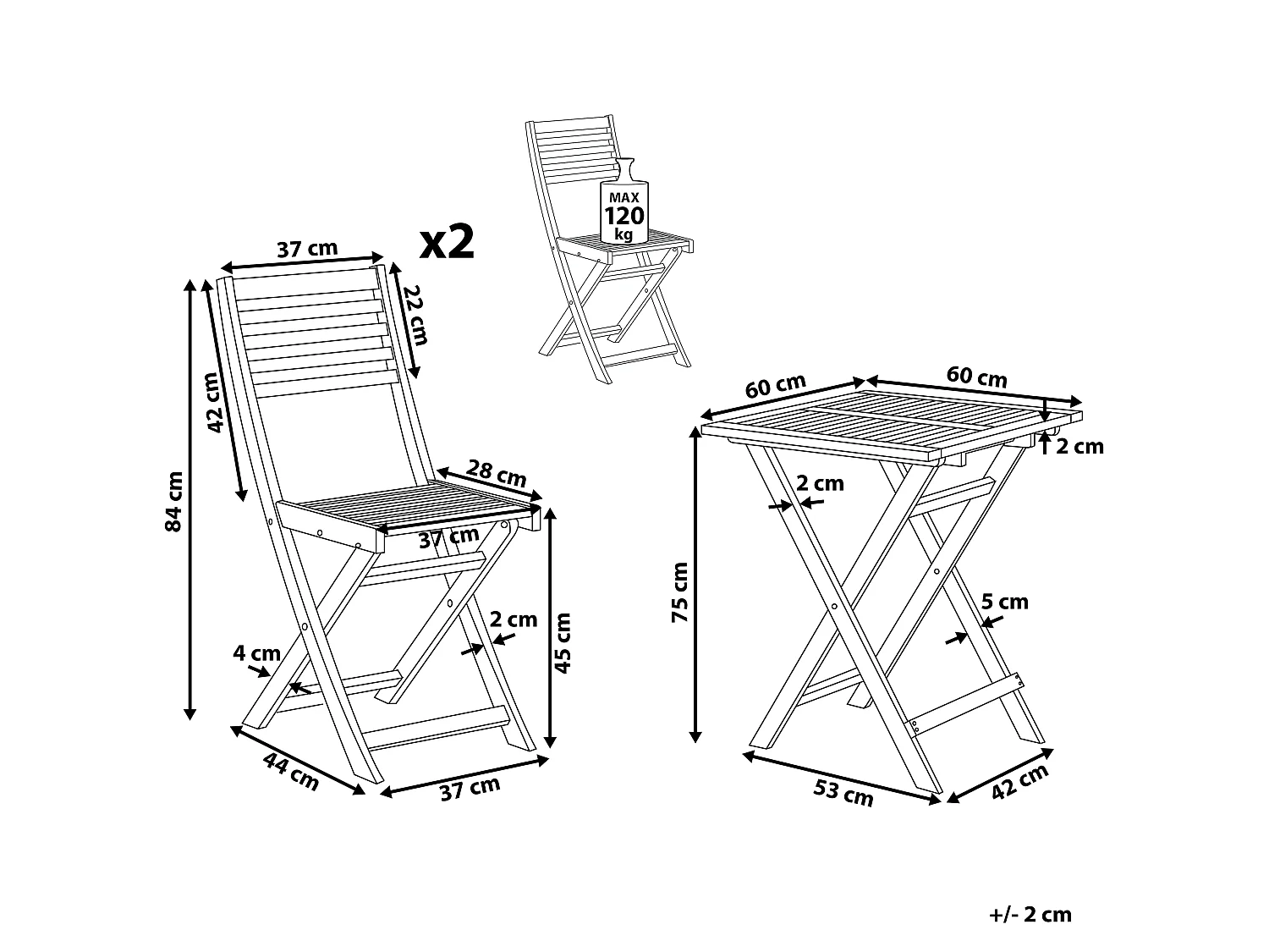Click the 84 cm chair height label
pos(174,501)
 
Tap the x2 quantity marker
pos(447,242)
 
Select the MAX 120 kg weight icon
pos(624,200)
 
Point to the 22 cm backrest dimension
pos(415,316)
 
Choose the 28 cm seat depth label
pos(497,473)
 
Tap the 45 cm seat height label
pos(562,643)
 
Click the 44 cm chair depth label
pos(291,772)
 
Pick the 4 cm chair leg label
pos(256,653)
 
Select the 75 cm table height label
pos(680,592)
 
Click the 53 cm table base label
pos(843,792)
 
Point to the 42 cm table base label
pos(1019,782)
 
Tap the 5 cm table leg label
pos(1005,602)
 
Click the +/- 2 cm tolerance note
pos(1030,915)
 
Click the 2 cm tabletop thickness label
pos(1080,446)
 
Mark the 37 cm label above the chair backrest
pos(307,249)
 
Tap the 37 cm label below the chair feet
pos(470,789)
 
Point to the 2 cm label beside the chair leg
pos(514,619)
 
